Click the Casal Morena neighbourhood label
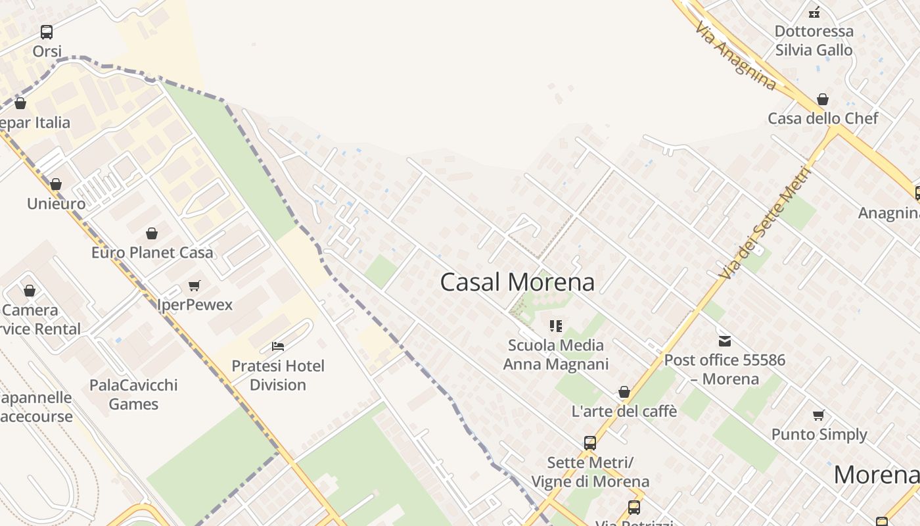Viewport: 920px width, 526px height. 517,282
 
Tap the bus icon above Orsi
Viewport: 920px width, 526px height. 47,32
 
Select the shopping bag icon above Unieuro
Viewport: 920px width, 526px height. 56,184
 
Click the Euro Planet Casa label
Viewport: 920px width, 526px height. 152,252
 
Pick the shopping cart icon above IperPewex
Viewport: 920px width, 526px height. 194,285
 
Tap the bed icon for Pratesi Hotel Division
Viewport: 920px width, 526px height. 278,346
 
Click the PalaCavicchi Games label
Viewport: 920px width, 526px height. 133,394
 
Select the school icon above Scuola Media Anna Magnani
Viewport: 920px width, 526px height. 556,325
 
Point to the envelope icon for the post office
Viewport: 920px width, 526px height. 725,341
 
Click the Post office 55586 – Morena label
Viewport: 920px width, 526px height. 724,370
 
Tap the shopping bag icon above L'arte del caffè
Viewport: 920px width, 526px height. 624,393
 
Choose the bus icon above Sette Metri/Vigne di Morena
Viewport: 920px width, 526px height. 590,443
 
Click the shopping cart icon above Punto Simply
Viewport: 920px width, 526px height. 819,415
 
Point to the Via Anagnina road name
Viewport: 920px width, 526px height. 735,56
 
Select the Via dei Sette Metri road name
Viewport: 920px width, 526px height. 766,224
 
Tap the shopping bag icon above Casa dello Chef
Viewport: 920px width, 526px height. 823,99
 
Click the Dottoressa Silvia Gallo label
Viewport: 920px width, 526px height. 814,41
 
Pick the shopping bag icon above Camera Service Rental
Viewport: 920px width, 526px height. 30,291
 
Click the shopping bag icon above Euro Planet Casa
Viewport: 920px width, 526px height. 152,233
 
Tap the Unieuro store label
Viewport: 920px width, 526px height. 56,204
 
